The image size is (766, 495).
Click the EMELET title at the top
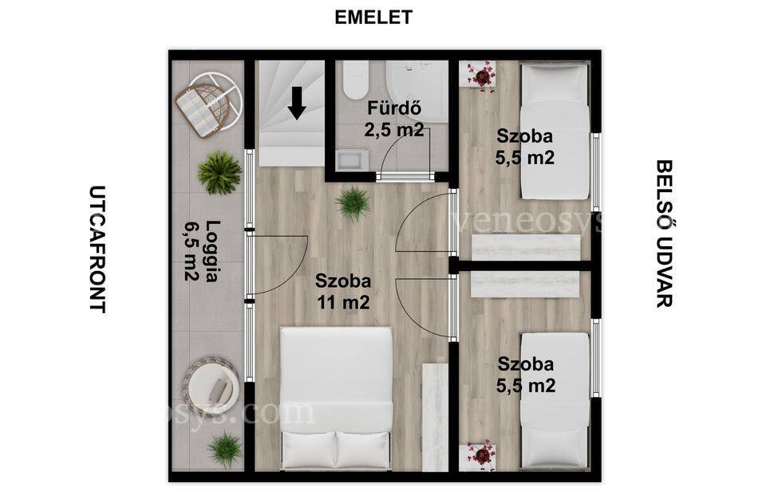[373, 17]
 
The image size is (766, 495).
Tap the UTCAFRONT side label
[97, 249]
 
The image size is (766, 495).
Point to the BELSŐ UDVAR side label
[664, 234]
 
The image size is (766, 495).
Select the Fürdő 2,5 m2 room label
[393, 119]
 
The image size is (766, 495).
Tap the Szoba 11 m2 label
[343, 292]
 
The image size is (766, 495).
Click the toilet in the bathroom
[356, 80]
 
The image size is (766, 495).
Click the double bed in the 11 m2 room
[337, 398]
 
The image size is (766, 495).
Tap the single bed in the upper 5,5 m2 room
[555, 131]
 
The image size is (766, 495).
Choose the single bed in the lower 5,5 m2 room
[555, 402]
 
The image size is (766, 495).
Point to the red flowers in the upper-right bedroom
[481, 77]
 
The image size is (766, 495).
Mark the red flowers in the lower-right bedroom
[481, 455]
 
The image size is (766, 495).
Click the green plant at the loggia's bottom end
[224, 450]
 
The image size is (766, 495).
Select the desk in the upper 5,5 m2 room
[527, 247]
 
